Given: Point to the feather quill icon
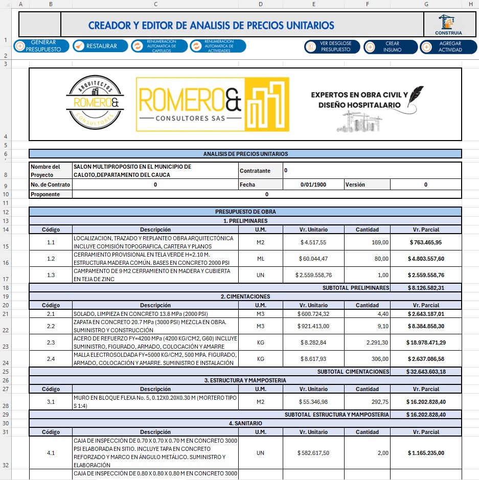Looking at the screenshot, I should pos(417,97).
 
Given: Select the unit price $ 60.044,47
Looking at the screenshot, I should pos(313,259).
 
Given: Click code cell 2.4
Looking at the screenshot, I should pos(51,359).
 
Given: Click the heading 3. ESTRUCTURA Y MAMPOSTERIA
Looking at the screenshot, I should pos(245,380).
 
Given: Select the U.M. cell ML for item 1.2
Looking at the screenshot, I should pos(260,259).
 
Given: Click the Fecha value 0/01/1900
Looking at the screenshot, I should pos(313,185).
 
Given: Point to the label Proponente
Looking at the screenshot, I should pos(45,195).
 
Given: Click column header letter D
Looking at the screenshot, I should pos(260,4).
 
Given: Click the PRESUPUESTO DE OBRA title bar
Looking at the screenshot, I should pos(245,212).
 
